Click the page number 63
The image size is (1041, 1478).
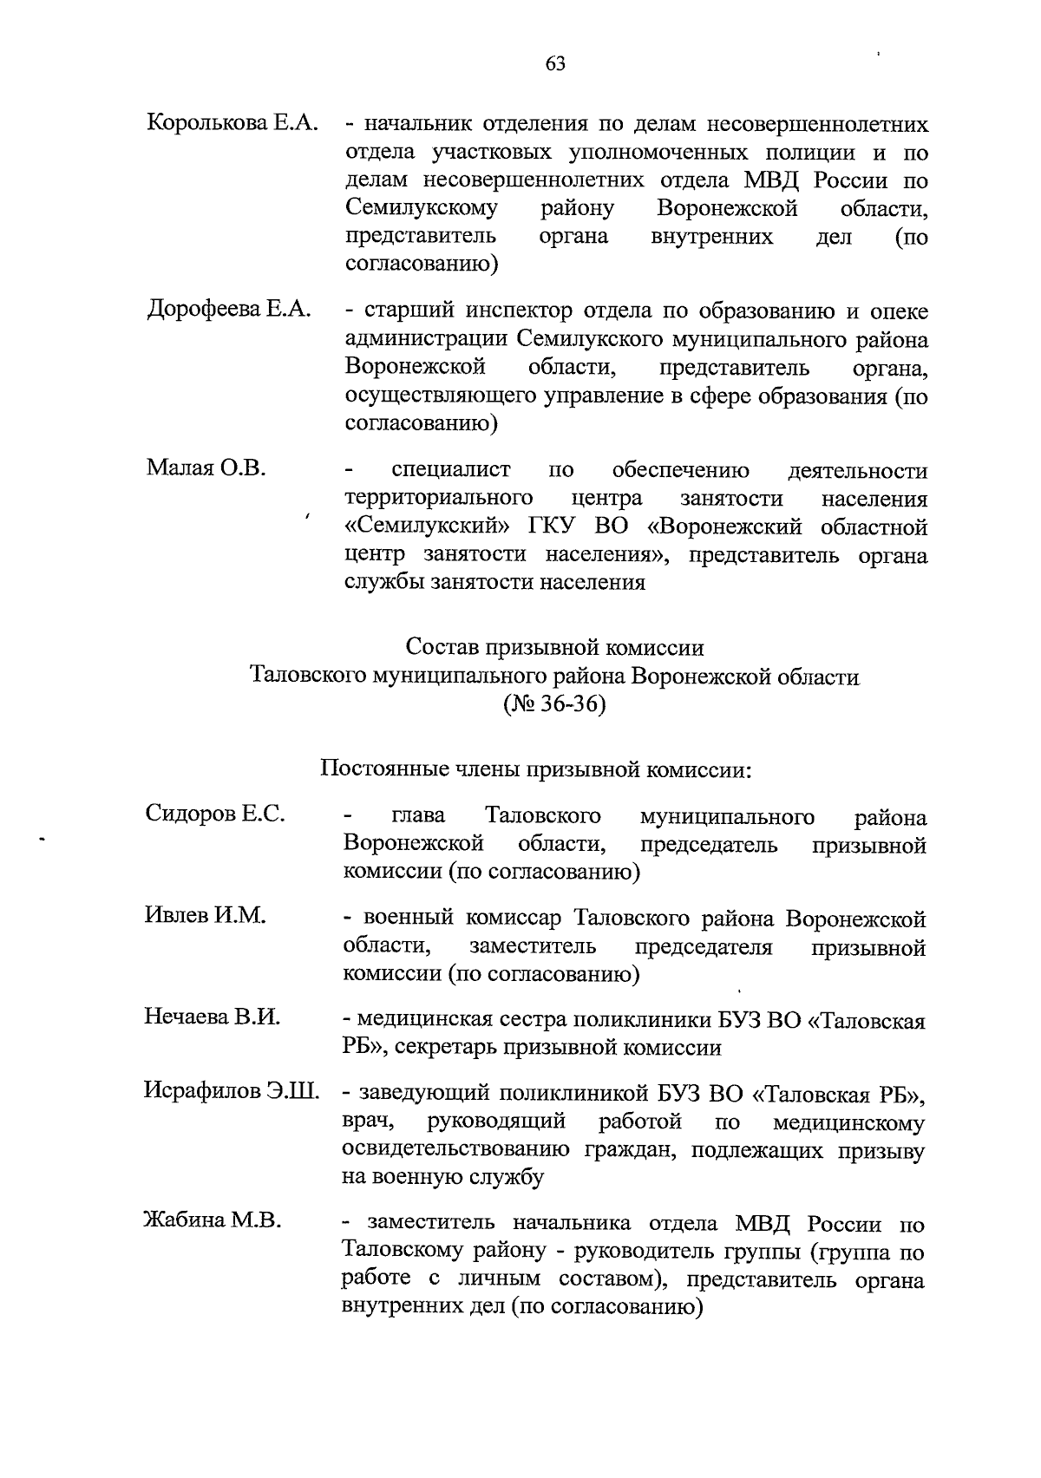(x=555, y=62)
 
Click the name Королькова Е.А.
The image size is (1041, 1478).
(x=232, y=124)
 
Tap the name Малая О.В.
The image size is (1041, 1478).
(x=206, y=469)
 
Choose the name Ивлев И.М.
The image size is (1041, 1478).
(x=205, y=916)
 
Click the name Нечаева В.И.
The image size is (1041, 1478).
(x=213, y=1018)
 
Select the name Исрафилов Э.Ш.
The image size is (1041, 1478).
(x=232, y=1092)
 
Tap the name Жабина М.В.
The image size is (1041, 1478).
(x=213, y=1221)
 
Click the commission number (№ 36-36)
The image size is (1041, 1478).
(x=554, y=704)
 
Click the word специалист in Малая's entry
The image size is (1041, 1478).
(x=450, y=471)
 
